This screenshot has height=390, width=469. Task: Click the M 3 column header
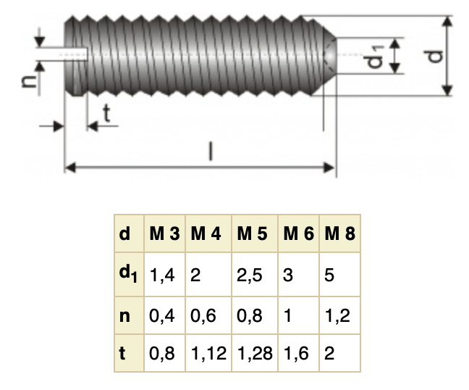pyautogui.click(x=164, y=234)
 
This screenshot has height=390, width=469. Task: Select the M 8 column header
pyautogui.click(x=339, y=234)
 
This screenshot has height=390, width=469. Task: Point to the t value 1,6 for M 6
pyautogui.click(x=297, y=354)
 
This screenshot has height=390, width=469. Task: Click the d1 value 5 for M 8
pyautogui.click(x=329, y=275)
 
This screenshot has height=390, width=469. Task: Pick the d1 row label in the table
pyautogui.click(x=127, y=274)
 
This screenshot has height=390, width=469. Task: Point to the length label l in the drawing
pyautogui.click(x=211, y=152)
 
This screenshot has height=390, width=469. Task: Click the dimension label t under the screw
pyautogui.click(x=106, y=112)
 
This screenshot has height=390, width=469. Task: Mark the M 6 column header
pyautogui.click(x=298, y=234)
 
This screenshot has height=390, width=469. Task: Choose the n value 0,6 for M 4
pyautogui.click(x=203, y=316)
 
